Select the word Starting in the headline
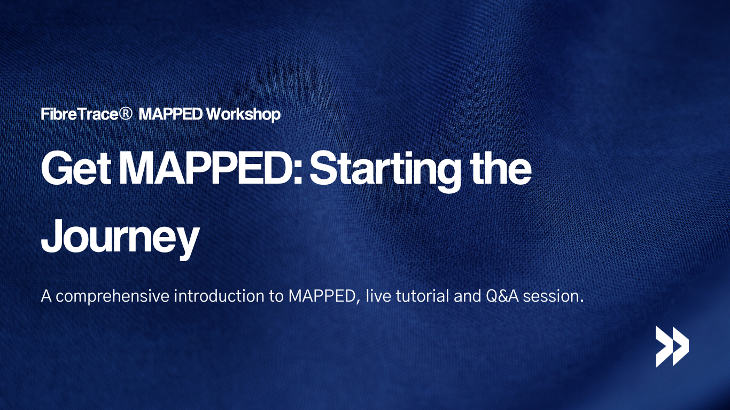point(383,170)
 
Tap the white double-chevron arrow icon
point(672,346)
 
